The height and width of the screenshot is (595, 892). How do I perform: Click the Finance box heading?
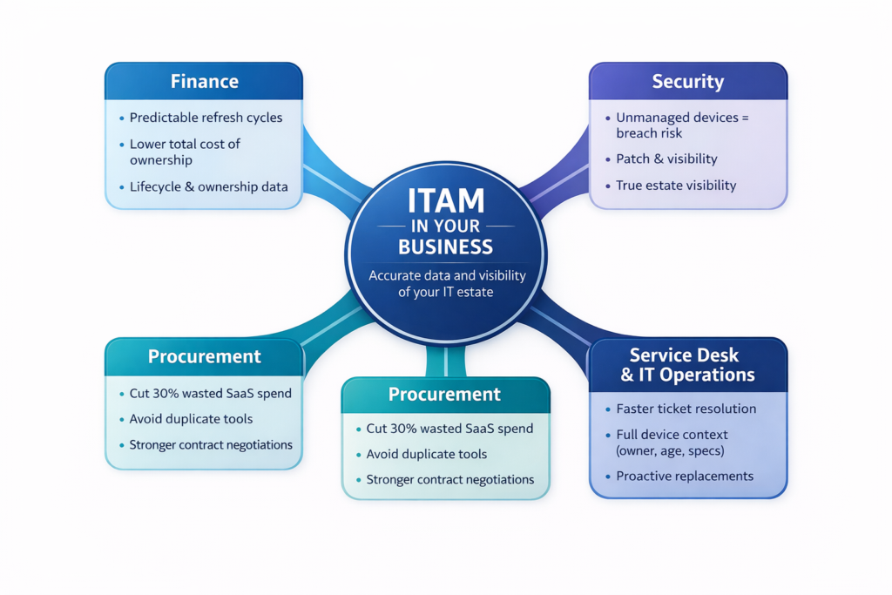(x=204, y=82)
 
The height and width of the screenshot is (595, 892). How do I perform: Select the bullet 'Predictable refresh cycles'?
(x=206, y=118)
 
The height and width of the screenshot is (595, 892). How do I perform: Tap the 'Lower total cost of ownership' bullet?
(x=185, y=152)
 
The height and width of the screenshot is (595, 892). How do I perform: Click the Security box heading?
(x=687, y=82)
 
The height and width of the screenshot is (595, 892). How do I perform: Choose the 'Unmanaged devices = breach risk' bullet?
(x=681, y=125)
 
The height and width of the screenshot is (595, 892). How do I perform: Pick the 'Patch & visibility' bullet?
(x=666, y=159)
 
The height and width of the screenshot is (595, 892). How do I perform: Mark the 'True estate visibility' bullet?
(x=675, y=185)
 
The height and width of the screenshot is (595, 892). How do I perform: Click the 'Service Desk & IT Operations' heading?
(x=687, y=365)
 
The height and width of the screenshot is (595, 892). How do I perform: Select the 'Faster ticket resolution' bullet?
(x=686, y=409)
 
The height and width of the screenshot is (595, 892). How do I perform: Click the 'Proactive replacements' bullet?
(x=685, y=477)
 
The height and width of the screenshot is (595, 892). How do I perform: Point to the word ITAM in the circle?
(x=446, y=202)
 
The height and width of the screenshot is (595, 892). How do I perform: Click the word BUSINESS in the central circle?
(x=445, y=247)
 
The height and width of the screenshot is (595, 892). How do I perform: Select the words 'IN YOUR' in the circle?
(x=446, y=226)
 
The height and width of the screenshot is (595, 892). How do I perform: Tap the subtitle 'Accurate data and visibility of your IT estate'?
(x=446, y=283)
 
